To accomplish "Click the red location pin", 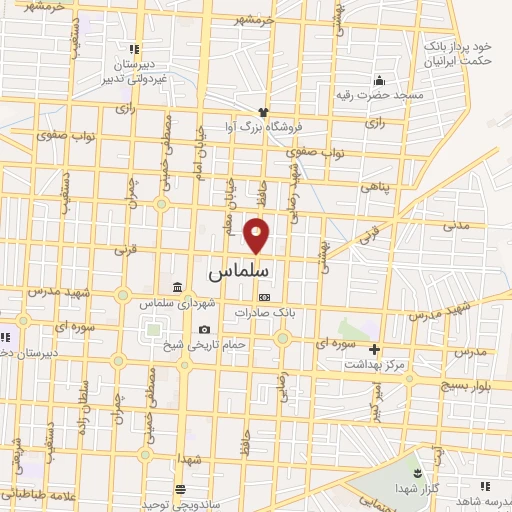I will pyautogui.click(x=257, y=235).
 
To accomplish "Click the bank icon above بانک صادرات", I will pyautogui.click(x=264, y=297).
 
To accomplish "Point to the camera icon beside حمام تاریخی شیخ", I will pyautogui.click(x=204, y=330).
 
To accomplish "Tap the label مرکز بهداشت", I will pyautogui.click(x=375, y=367).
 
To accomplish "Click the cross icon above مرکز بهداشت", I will pyautogui.click(x=375, y=350).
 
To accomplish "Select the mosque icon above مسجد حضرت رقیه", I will pyautogui.click(x=378, y=81).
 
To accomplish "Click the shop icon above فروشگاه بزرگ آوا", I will pyautogui.click(x=264, y=112).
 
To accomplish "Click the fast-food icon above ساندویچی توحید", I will pyautogui.click(x=179, y=489).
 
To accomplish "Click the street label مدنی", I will pyautogui.click(x=457, y=224).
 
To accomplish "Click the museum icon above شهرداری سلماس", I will pyautogui.click(x=177, y=288).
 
